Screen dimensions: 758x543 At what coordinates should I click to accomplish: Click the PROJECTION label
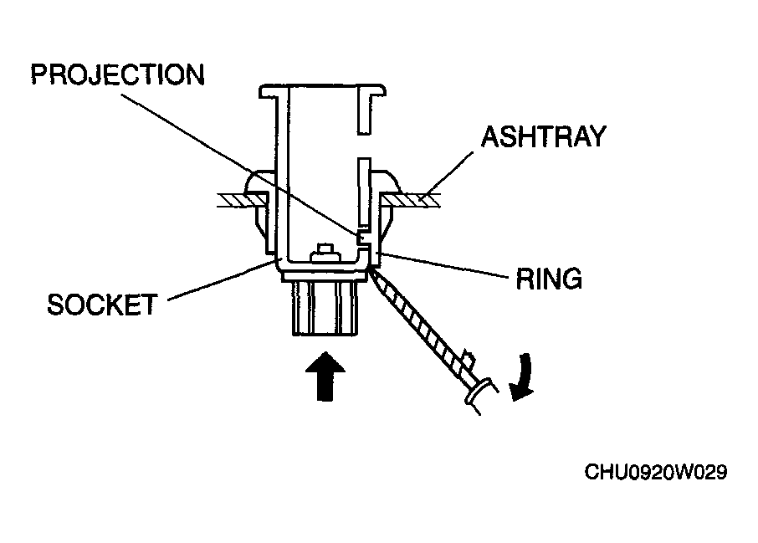[x=117, y=75]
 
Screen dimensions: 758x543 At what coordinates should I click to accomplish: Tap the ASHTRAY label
[x=543, y=136]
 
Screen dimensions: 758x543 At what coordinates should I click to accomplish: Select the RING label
[x=549, y=279]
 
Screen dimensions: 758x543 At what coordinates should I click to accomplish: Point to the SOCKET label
[x=102, y=305]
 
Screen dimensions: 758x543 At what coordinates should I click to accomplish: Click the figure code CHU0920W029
[x=656, y=472]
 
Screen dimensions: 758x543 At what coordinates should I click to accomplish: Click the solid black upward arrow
[x=325, y=377]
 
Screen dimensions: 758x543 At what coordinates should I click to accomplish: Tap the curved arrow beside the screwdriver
[x=523, y=377]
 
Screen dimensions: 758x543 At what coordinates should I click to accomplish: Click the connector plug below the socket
[x=325, y=308]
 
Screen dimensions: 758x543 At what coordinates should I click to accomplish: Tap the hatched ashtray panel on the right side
[x=410, y=200]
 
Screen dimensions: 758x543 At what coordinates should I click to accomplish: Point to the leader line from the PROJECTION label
[x=240, y=164]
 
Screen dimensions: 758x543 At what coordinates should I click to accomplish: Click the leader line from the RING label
[x=443, y=265]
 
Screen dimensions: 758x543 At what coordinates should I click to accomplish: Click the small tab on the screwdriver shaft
[x=468, y=359]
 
